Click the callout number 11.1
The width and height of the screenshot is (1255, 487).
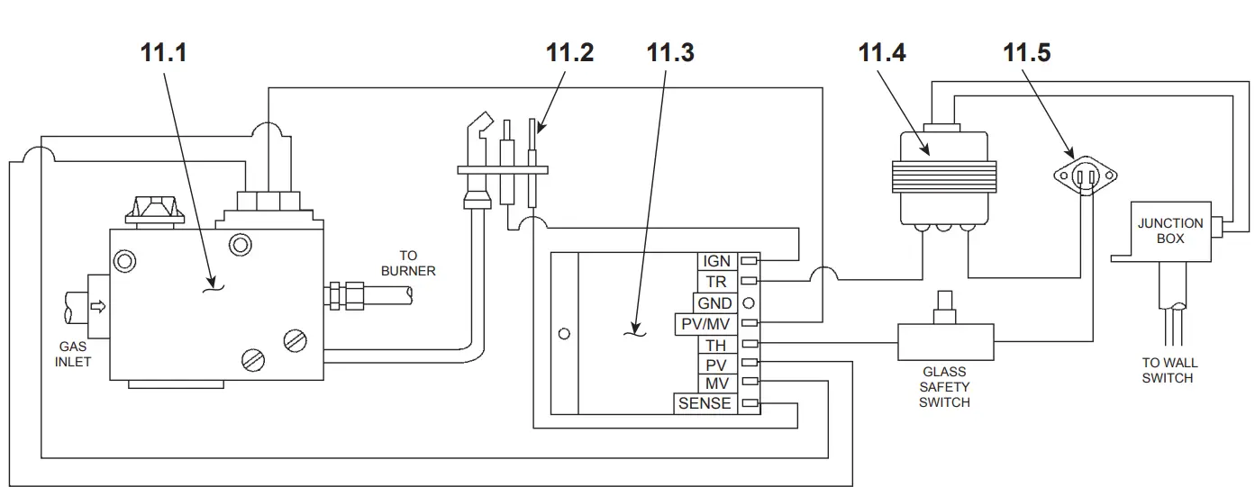[x=163, y=53]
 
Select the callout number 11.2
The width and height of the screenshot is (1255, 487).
[x=569, y=53]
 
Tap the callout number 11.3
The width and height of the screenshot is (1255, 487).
[x=670, y=53]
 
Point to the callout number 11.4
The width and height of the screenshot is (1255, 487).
[x=881, y=53]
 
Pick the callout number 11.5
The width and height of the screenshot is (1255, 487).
[x=1026, y=53]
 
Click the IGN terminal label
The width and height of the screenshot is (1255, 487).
[x=716, y=261]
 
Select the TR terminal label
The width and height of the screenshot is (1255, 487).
[x=716, y=282]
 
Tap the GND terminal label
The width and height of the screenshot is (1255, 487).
[x=714, y=303]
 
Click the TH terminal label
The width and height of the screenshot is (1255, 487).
[x=716, y=344]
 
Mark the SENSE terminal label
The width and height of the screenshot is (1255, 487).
[x=705, y=403]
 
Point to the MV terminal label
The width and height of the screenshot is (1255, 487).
[x=716, y=383]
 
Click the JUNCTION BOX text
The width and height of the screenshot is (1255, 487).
[x=1169, y=231]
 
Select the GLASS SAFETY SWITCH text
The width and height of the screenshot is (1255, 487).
[x=944, y=387]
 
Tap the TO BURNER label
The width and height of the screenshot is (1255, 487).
[x=407, y=263]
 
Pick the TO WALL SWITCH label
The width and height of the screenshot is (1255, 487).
[x=1169, y=371]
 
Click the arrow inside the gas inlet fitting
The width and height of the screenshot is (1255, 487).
[x=98, y=307]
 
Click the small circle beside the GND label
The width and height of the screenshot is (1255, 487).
[x=748, y=303]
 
